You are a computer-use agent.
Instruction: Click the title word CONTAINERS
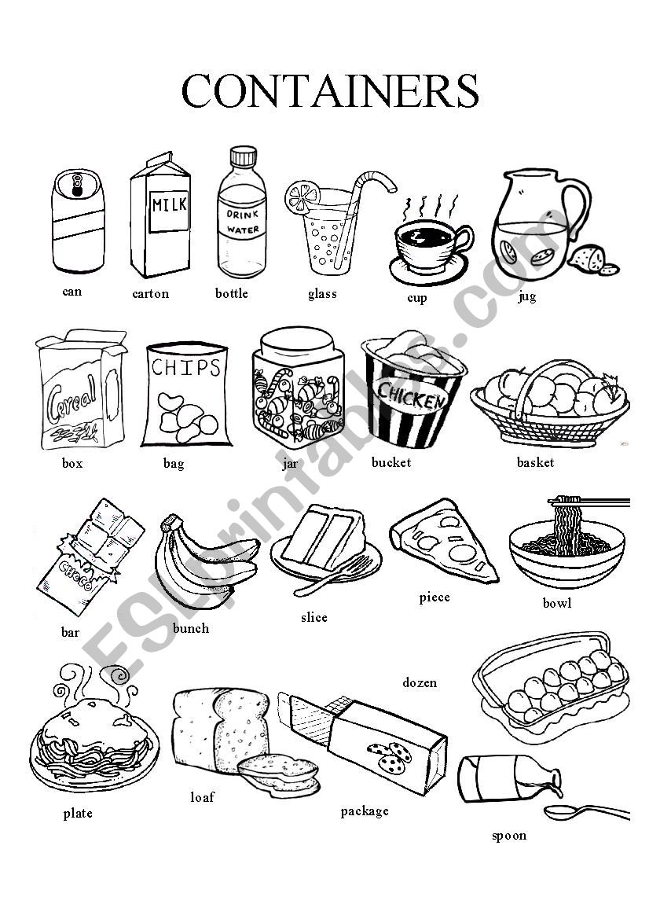[330, 90]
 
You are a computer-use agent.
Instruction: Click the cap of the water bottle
[243, 156]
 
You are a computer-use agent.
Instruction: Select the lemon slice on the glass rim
[302, 197]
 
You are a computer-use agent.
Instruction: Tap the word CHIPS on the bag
[185, 367]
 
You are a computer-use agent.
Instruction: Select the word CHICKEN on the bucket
[410, 395]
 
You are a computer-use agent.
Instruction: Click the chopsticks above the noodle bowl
[588, 502]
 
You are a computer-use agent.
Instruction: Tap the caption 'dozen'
[420, 682]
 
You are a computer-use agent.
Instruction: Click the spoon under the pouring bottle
[585, 812]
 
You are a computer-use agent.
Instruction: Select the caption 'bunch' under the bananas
[191, 628]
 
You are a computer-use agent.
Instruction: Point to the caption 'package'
[365, 812]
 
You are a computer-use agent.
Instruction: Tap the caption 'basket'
[535, 462]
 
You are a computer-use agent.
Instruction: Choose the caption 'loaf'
[202, 797]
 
